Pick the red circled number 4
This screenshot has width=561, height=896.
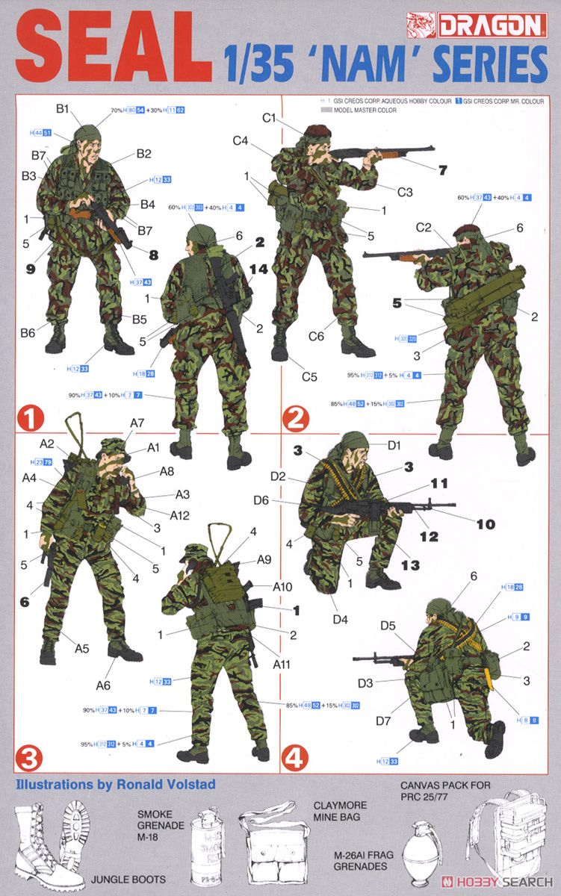pyautogui.click(x=294, y=759)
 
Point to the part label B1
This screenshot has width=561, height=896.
pyautogui.click(x=63, y=109)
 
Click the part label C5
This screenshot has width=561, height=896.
pyautogui.click(x=309, y=376)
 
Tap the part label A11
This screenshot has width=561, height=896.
pyautogui.click(x=282, y=664)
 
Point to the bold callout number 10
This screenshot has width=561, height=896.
pyautogui.click(x=486, y=524)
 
